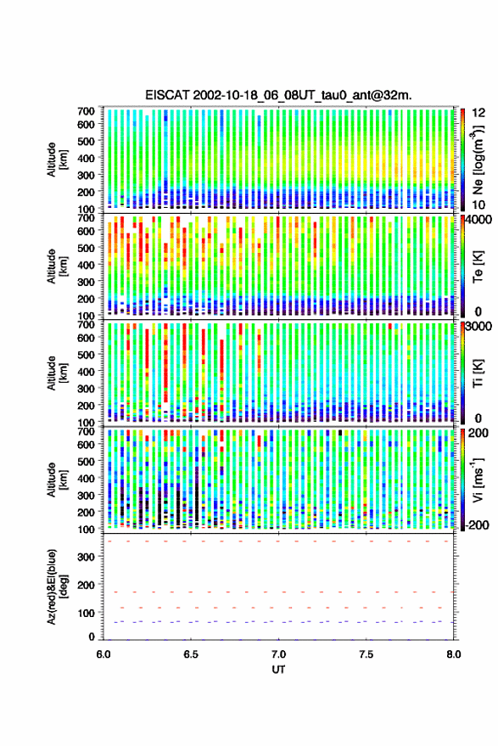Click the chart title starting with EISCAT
pos(279,95)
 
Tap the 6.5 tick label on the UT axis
pos(191,654)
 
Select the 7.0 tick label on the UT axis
pos(279,654)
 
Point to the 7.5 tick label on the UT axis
pos(367,654)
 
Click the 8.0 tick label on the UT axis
pos(454,654)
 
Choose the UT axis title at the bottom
pos(279,670)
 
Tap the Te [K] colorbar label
pos(478,266)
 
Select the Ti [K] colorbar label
pos(478,373)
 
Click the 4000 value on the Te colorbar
pos(479,221)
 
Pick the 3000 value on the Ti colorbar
pos(479,327)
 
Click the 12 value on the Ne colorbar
pos(479,113)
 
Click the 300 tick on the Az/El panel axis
pos(86,557)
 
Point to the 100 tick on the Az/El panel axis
pos(86,613)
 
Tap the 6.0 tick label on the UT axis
pos(104,654)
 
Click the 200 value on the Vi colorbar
pos(478,433)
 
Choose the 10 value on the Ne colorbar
pos(479,205)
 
